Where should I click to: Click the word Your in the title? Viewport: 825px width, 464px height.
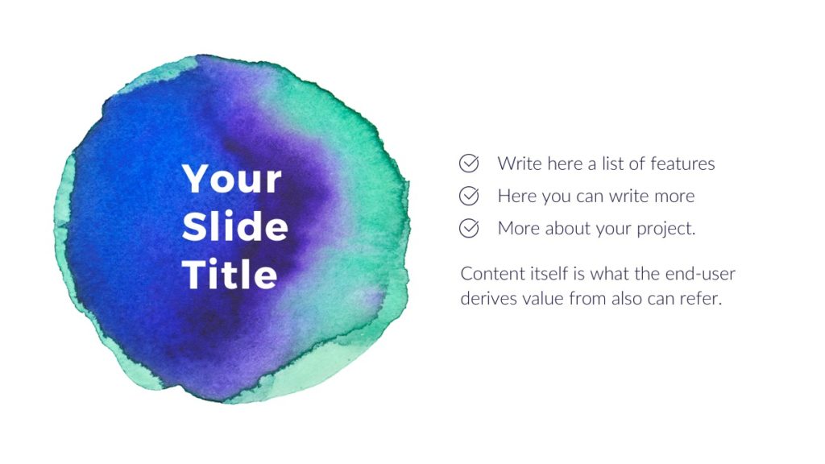pos(232,179)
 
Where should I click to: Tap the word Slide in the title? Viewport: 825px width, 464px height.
pos(234,227)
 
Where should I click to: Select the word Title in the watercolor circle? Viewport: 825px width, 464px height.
pos(230,275)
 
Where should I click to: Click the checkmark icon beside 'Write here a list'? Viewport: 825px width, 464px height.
pos(469,164)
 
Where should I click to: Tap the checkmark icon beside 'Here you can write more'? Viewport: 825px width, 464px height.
pos(469,196)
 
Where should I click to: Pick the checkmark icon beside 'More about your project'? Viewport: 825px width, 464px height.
pos(469,228)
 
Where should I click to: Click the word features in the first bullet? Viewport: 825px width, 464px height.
pos(682,164)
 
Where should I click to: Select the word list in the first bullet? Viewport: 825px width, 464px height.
pos(613,164)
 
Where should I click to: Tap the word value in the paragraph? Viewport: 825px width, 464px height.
pos(543,298)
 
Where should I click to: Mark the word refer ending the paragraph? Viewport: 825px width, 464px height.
pos(701,298)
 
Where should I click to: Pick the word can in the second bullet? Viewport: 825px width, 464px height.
pos(593,196)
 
